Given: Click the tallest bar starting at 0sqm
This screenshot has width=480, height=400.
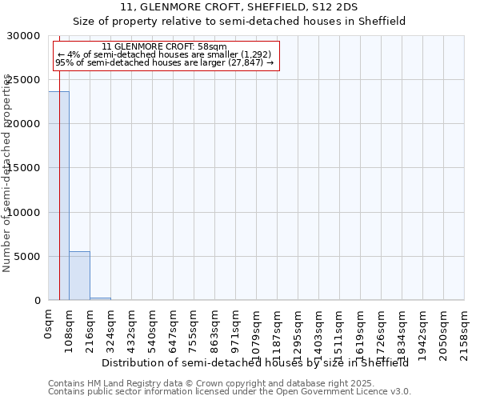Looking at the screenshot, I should click(x=58, y=196).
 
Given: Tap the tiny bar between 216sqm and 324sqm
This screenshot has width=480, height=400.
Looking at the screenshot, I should click(x=100, y=298).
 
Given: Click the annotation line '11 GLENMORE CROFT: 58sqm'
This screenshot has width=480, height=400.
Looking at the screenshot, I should click(x=165, y=47).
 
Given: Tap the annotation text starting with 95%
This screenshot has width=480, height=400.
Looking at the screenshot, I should click(x=165, y=62).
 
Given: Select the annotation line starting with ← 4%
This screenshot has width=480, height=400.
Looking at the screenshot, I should click(x=165, y=54).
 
